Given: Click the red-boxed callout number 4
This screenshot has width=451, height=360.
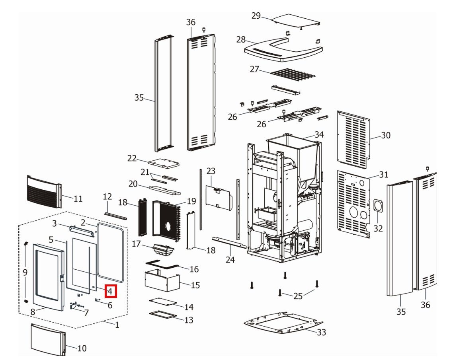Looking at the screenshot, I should tap(110, 292).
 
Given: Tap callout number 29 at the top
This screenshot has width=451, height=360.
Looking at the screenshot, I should tap(256, 16).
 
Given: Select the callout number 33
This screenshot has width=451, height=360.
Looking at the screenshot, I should tap(321, 332).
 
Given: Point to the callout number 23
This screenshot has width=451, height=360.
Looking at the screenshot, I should tap(211, 171).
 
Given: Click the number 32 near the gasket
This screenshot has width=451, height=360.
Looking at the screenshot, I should tap(378, 228).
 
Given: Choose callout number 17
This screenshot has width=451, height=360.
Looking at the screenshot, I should tap(137, 243).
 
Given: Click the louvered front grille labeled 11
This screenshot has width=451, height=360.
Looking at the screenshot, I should tap(43, 192).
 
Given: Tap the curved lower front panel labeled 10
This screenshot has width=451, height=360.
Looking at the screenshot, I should tap(47, 339).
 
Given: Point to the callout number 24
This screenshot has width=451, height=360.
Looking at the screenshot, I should tap(230, 260).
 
